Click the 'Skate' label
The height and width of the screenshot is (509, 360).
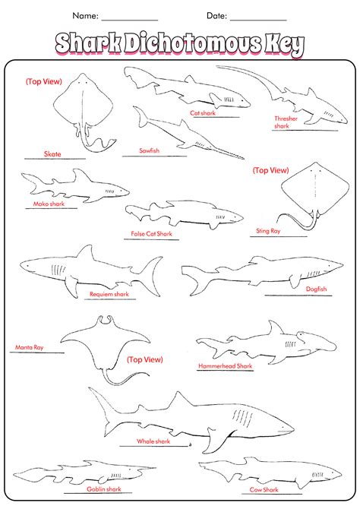point(52,154)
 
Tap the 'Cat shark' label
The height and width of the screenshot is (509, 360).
point(203,113)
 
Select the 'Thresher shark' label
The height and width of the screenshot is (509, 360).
point(286,122)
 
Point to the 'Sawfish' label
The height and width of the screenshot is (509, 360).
point(150,150)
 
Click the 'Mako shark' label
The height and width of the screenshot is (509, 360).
point(49,204)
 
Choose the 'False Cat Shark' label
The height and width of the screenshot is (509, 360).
point(152,234)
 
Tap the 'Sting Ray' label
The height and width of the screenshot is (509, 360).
point(268,231)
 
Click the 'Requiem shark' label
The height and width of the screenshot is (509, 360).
point(109,294)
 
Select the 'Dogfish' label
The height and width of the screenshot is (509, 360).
point(317,289)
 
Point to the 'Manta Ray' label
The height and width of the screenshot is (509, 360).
point(29,347)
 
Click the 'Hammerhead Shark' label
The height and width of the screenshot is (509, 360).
point(226,366)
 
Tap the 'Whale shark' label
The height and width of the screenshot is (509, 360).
point(153,441)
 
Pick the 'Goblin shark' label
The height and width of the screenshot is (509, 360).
point(104,489)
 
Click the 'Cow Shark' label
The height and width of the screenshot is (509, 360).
point(264,489)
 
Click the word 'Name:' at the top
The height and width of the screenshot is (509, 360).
point(85,16)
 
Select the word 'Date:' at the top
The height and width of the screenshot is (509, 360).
point(217,16)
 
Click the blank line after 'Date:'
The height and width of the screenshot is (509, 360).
point(258,20)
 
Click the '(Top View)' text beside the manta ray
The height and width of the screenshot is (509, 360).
point(145,359)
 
